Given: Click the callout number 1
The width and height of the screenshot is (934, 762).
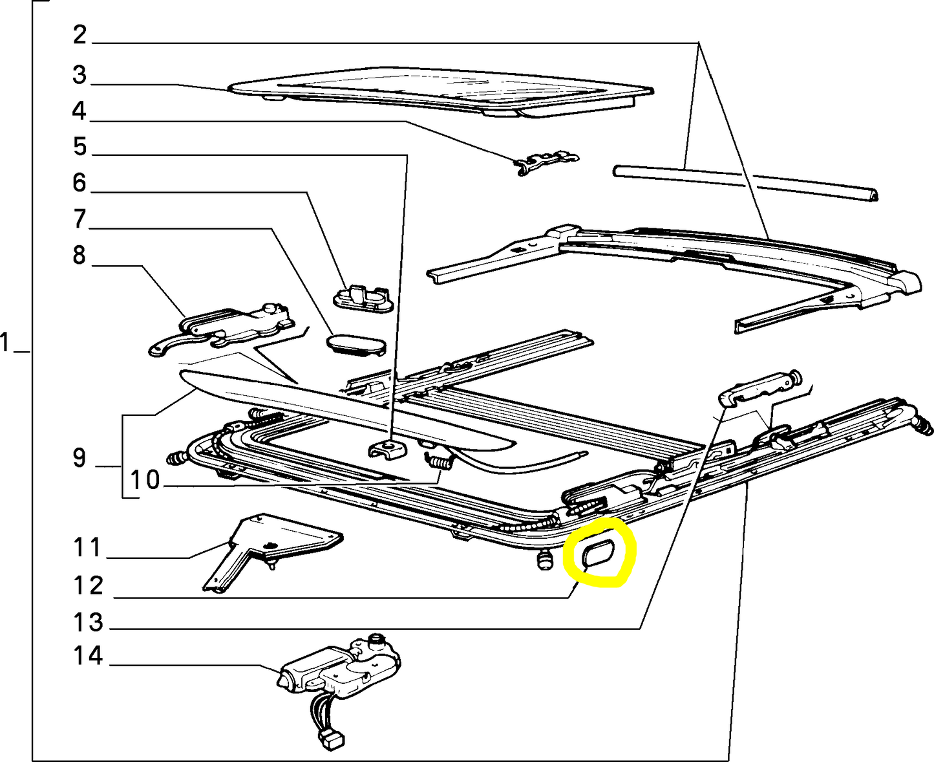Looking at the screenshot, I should pyautogui.click(x=6, y=342).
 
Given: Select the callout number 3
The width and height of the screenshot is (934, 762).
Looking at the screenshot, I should pyautogui.click(x=80, y=75).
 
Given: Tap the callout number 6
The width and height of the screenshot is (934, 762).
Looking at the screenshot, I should pyautogui.click(x=80, y=183).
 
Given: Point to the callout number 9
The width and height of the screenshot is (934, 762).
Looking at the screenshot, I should pyautogui.click(x=79, y=458).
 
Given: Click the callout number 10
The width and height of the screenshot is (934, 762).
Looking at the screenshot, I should pyautogui.click(x=145, y=480).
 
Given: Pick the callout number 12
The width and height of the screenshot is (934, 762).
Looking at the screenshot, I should pyautogui.click(x=88, y=585).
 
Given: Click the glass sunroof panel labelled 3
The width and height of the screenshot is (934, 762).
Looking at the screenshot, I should pyautogui.click(x=440, y=91).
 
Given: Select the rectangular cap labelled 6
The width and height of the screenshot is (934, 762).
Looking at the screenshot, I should pyautogui.click(x=364, y=298).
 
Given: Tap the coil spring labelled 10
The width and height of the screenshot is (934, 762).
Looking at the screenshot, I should pyautogui.click(x=439, y=462).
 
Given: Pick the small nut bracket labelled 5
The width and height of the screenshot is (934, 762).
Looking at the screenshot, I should pyautogui.click(x=387, y=447).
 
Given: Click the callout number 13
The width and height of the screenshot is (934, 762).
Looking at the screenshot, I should pyautogui.click(x=88, y=622).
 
